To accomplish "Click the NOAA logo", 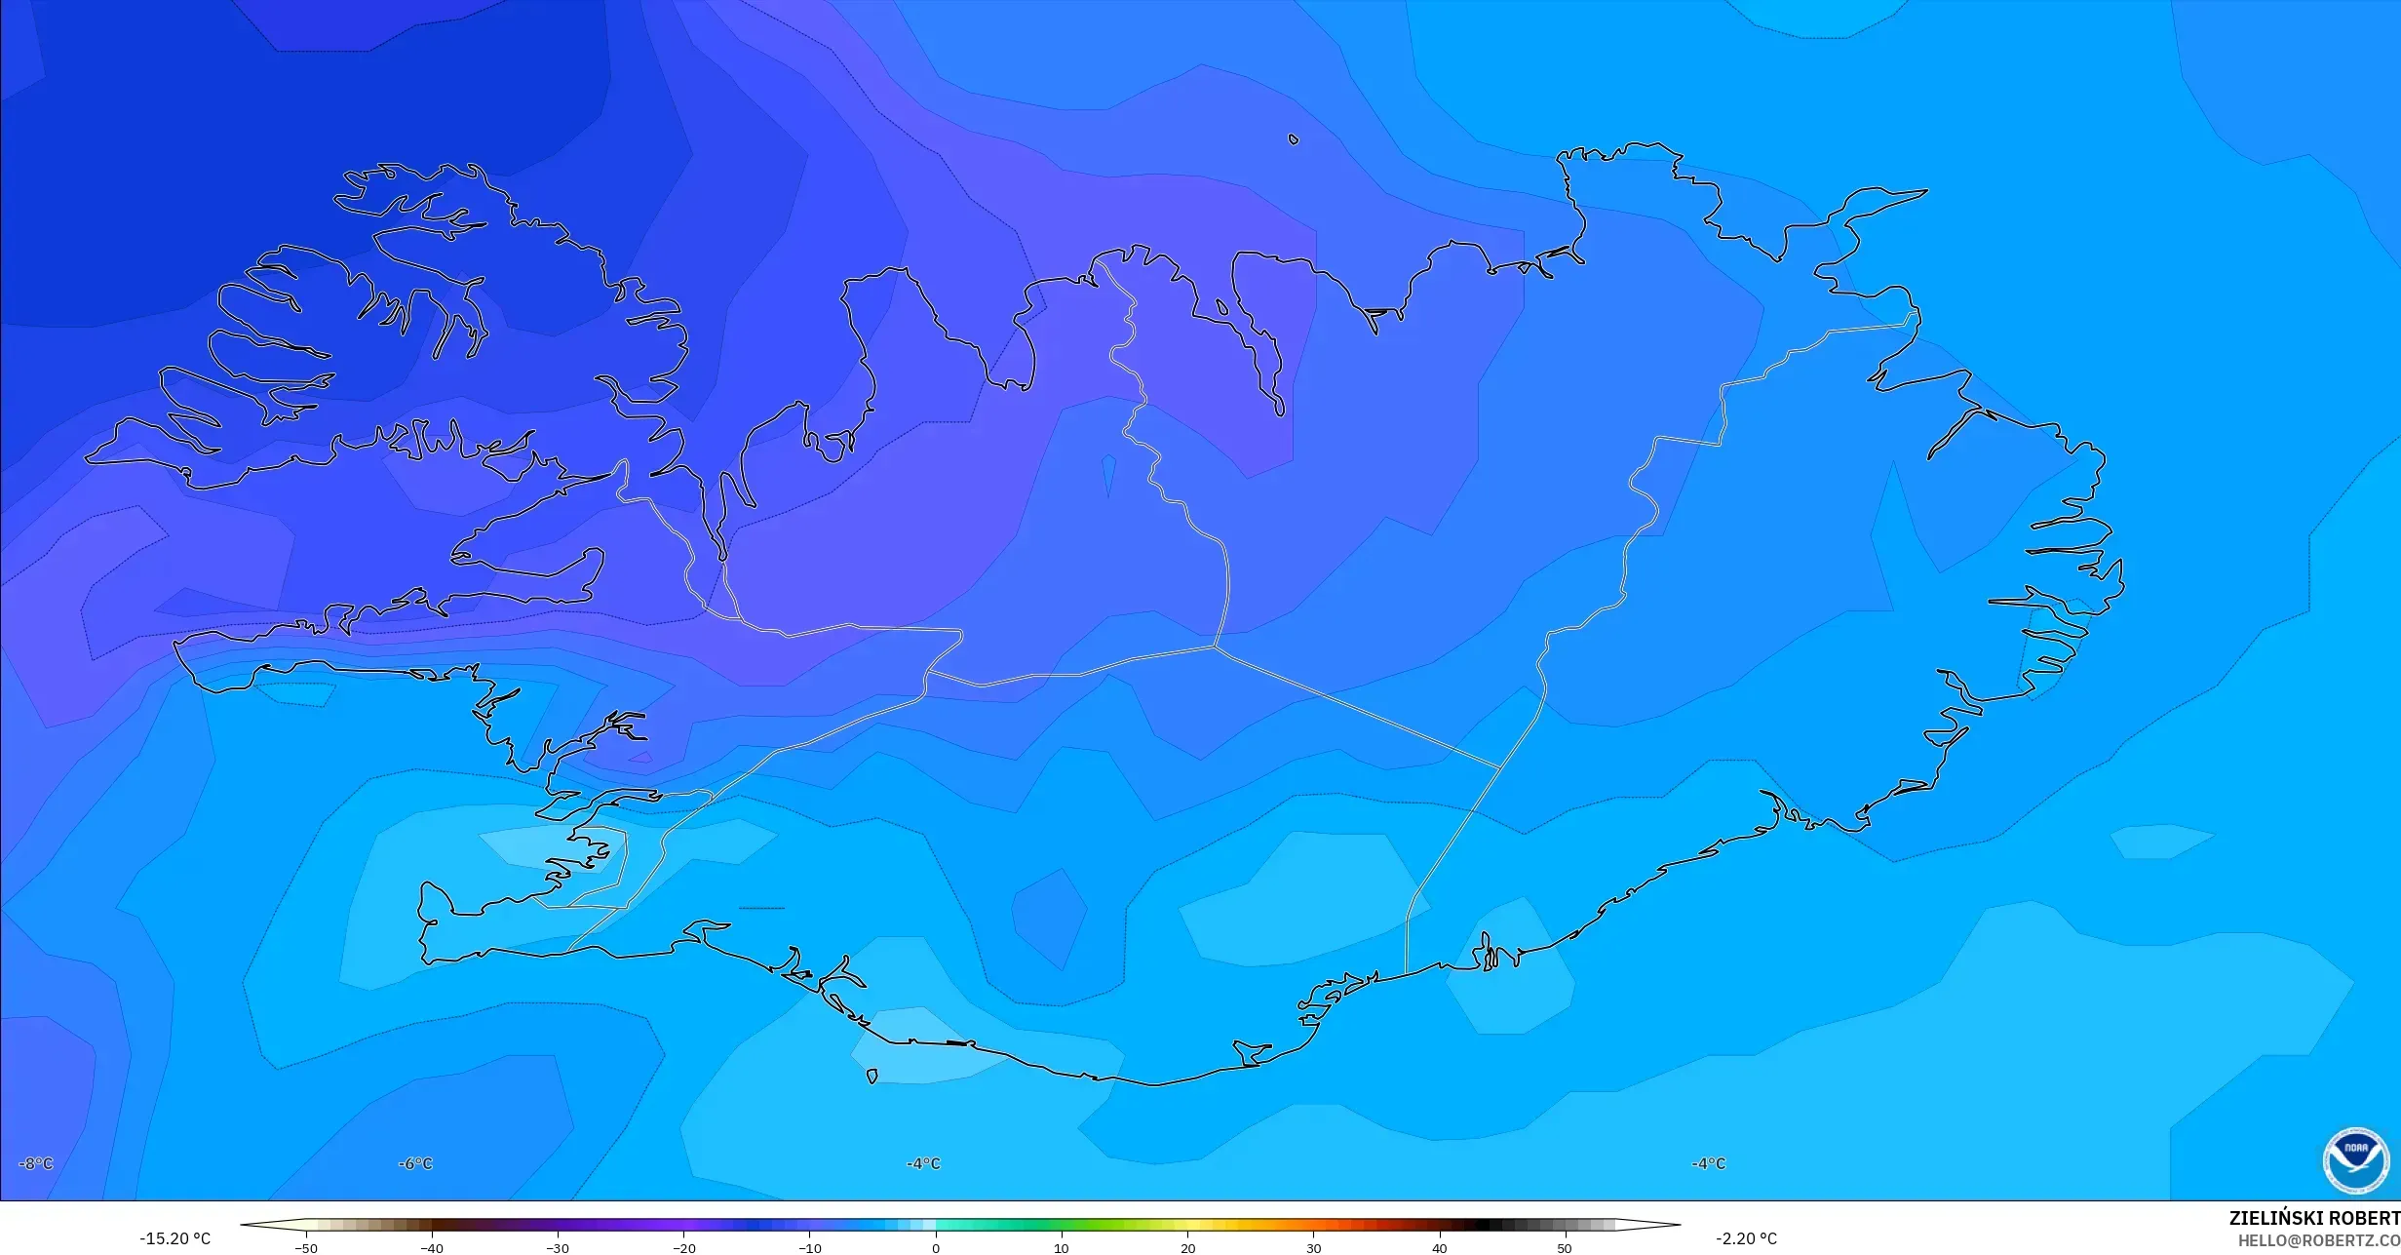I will (x=2355, y=1161).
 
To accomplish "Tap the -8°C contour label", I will (x=36, y=1164).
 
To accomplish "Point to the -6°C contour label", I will (x=415, y=1164).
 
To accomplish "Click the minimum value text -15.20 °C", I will (x=174, y=1239).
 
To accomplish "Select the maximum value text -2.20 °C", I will (x=1746, y=1239).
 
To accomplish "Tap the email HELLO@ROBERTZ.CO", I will (x=2318, y=1240).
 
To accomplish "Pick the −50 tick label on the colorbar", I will (x=305, y=1248).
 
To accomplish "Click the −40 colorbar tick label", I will (x=431, y=1248).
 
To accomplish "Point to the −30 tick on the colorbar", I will (x=557, y=1248).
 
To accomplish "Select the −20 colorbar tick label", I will (x=683, y=1248).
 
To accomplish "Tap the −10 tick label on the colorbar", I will (x=809, y=1248).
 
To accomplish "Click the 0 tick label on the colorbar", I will (x=936, y=1248).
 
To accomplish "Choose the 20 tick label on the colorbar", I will (x=1187, y=1248).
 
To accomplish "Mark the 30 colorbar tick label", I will (x=1313, y=1248).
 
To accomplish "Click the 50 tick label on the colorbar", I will (x=1565, y=1248).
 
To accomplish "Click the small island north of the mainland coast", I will (x=1294, y=139).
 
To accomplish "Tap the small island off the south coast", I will (x=871, y=1077).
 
